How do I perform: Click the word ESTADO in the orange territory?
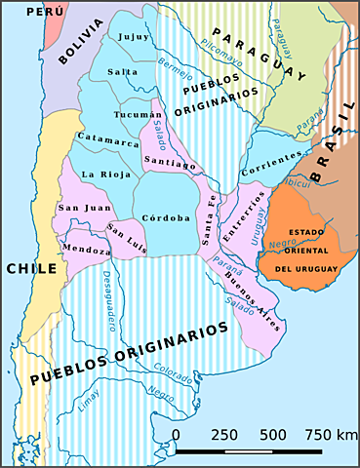point(307,231)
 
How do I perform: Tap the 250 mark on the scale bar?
point(225,434)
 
